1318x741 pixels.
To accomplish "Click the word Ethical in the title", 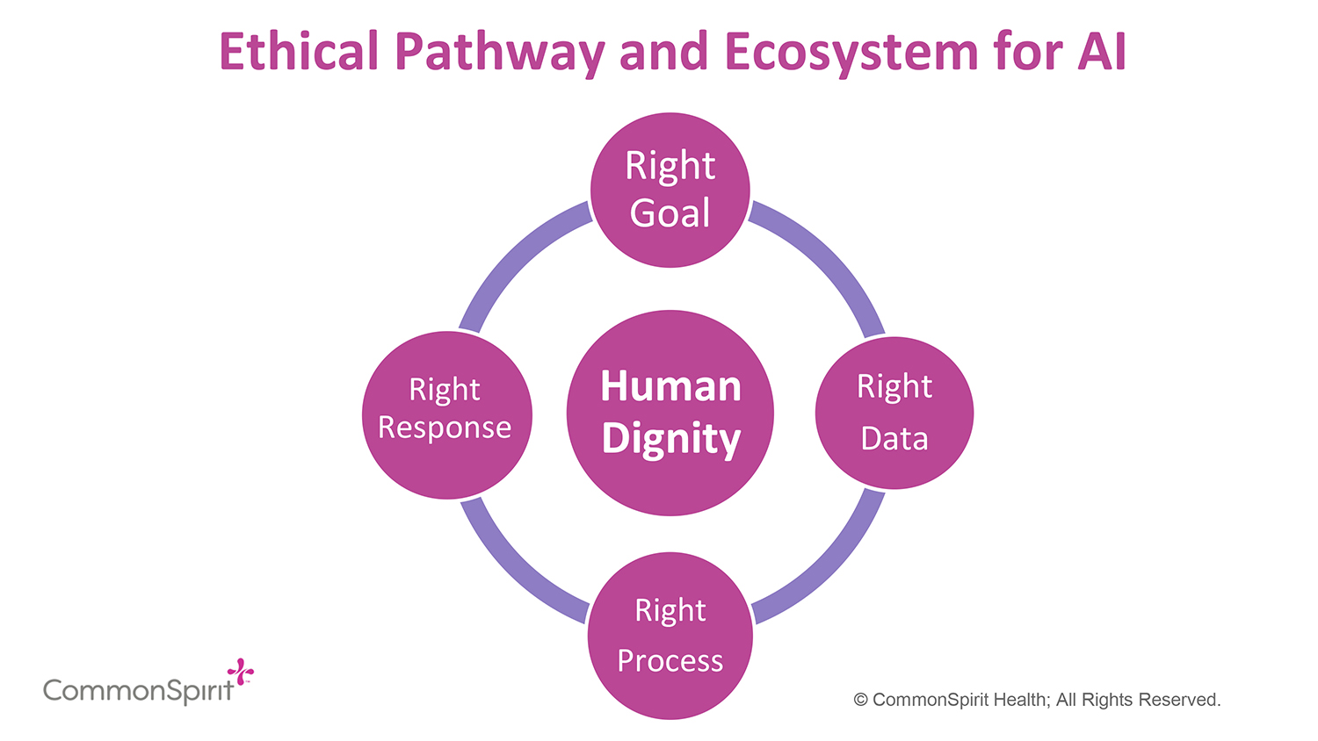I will [299, 52].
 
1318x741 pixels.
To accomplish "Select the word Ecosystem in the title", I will [850, 52].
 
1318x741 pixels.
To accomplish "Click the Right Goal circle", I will [670, 190].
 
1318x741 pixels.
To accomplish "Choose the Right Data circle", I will [894, 413].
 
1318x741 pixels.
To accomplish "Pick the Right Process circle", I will [670, 636].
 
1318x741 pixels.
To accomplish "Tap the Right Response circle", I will [447, 414].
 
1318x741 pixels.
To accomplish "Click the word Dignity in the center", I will [671, 439].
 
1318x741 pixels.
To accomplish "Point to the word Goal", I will [670, 213].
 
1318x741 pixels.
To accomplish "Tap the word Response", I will [445, 428].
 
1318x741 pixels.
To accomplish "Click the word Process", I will [670, 660].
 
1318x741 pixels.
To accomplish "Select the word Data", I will [894, 438].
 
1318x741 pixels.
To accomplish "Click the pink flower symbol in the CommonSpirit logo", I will [240, 672].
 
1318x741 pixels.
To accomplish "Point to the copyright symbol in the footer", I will [861, 700].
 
